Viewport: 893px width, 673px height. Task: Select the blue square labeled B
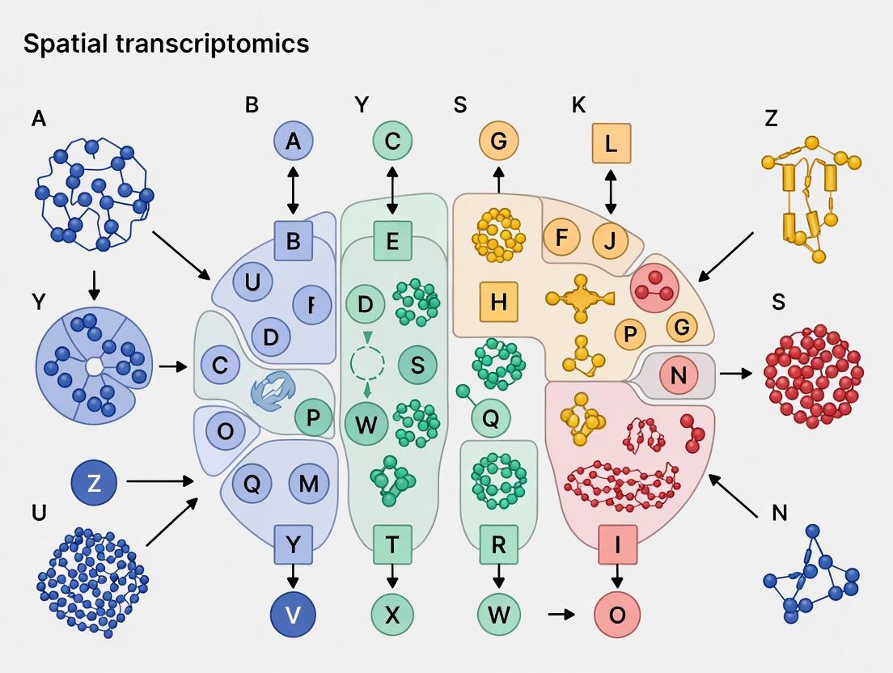(293, 240)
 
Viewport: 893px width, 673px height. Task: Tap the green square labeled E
(392, 240)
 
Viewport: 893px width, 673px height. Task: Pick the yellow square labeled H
(498, 302)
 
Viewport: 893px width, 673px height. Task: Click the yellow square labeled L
(611, 144)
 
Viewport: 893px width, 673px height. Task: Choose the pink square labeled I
(617, 544)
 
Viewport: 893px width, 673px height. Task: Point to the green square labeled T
(392, 544)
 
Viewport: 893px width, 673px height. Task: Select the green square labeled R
(498, 544)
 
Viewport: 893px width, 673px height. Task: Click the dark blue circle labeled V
(293, 614)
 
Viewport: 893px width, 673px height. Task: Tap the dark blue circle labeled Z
(94, 483)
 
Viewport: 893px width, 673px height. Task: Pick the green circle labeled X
(392, 614)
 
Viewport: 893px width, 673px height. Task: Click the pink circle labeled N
(678, 375)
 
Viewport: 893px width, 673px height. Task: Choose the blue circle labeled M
(309, 484)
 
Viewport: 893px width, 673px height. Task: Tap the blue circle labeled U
(252, 282)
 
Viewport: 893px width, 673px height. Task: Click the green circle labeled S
(417, 364)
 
